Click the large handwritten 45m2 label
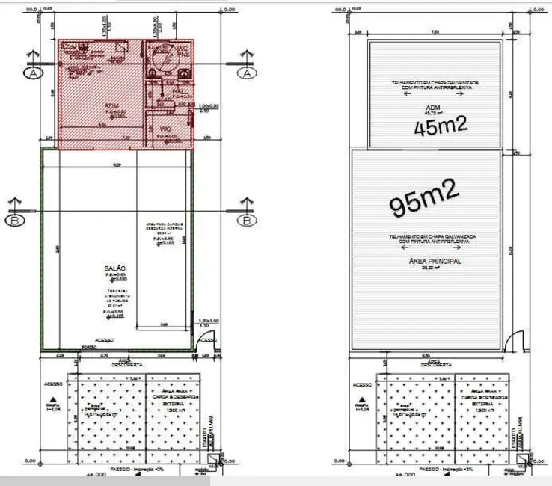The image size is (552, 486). click(x=441, y=126)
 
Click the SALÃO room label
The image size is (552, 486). click(x=116, y=268)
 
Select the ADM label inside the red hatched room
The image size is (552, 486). click(x=111, y=106)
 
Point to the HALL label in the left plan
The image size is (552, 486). click(x=180, y=90)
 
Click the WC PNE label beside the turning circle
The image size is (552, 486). click(x=182, y=52)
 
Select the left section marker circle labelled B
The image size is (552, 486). click(x=14, y=220)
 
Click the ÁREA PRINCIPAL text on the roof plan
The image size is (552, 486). click(x=435, y=261)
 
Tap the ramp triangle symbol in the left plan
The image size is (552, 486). click(x=53, y=399)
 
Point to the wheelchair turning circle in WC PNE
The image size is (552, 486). click(x=159, y=58)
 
